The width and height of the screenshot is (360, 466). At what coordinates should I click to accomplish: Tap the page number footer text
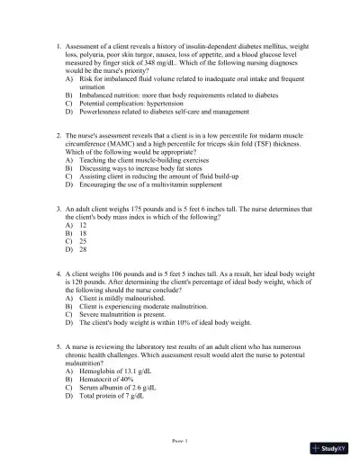click(x=179, y=442)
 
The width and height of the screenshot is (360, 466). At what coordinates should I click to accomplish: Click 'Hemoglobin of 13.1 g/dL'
click(x=116, y=370)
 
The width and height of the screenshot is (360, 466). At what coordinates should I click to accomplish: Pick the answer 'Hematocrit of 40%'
click(x=108, y=379)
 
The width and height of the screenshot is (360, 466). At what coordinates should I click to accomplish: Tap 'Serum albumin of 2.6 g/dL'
click(x=121, y=387)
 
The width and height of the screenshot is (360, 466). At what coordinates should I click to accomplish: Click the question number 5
click(x=58, y=345)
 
